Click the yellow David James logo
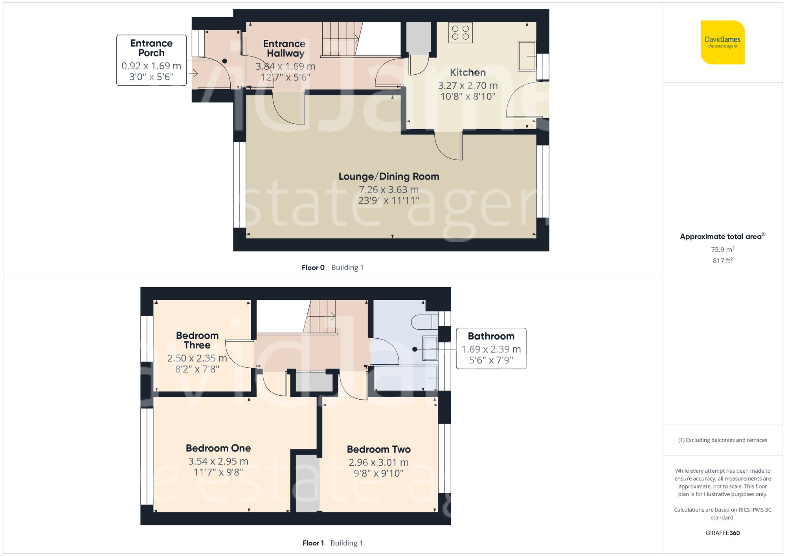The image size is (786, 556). [x=722, y=42]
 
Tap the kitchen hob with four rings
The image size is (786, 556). [x=460, y=33]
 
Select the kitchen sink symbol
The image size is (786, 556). [x=527, y=56]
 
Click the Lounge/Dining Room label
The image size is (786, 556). [x=389, y=176]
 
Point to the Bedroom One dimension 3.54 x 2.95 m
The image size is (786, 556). [x=218, y=461]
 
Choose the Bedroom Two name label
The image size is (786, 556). [x=378, y=449]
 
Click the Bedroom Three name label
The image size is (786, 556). [x=197, y=340]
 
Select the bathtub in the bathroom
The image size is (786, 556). [x=406, y=378]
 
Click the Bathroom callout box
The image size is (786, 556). [x=491, y=348]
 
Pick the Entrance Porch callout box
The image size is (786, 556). [x=151, y=60]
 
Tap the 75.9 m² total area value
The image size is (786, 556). [x=722, y=250]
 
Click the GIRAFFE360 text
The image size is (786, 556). [x=722, y=533]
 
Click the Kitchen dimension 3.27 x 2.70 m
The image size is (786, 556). [x=468, y=85]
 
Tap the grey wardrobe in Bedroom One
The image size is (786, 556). [x=307, y=483]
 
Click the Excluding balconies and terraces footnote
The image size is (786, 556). [x=722, y=440]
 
